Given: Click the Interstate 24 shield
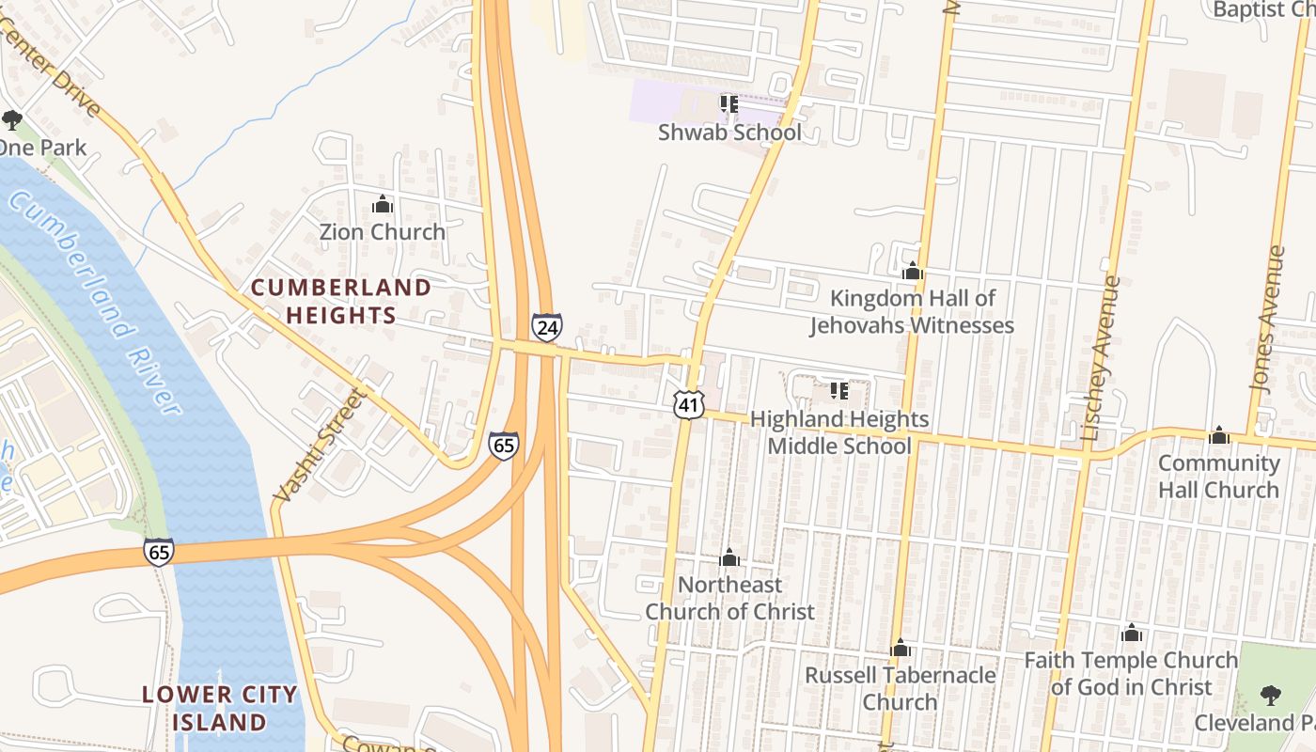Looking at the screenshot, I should (x=546, y=326).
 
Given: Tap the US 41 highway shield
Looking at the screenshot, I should (x=689, y=405).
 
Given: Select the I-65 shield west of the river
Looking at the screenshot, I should (x=159, y=552).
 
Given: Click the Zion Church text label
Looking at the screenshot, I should (x=383, y=231).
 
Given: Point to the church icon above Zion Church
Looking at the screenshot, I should (x=383, y=204).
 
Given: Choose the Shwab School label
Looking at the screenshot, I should (x=729, y=133).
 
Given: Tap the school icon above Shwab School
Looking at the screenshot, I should (x=728, y=103).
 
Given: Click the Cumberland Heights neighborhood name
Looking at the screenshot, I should (x=341, y=301).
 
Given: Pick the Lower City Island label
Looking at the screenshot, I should (x=220, y=708).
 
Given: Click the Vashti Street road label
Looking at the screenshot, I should (x=317, y=445).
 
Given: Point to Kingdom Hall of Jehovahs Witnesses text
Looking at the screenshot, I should (x=912, y=312).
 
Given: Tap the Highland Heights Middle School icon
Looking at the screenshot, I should (x=838, y=390).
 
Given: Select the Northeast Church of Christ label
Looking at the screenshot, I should (x=729, y=598).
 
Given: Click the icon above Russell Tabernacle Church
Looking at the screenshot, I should (x=900, y=648).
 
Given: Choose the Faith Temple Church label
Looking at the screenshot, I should (x=1131, y=673).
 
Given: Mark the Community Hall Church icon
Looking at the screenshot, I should (x=1218, y=435).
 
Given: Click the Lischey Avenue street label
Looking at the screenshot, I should (x=1102, y=358).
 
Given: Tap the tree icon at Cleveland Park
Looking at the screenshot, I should (x=1270, y=696).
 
